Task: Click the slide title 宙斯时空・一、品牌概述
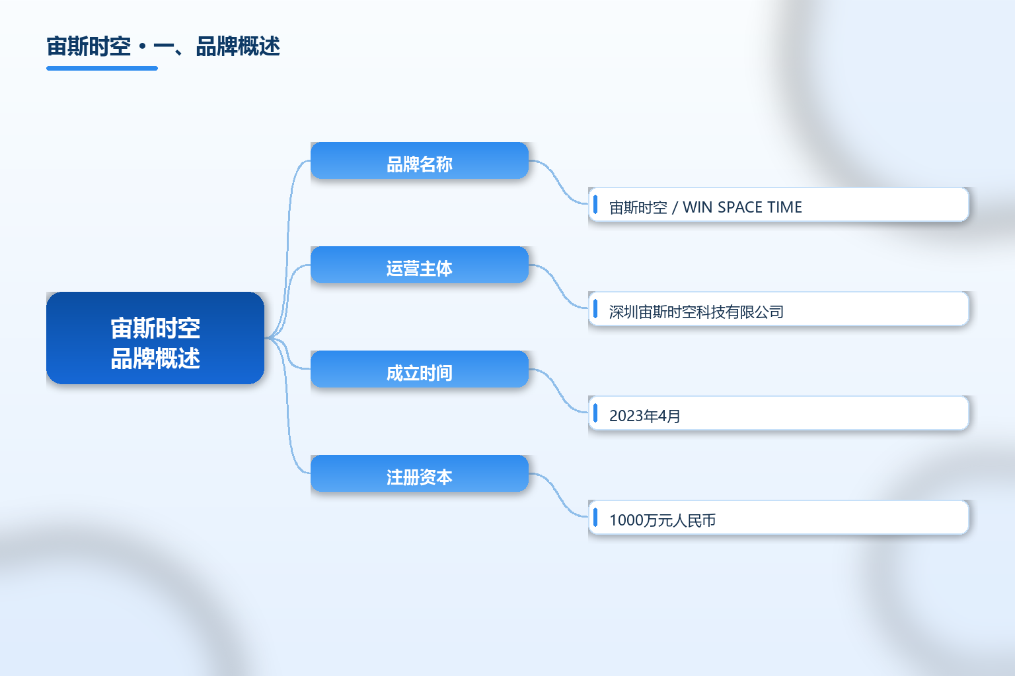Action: click(163, 47)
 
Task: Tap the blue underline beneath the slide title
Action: click(102, 69)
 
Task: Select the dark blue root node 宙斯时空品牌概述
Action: click(155, 338)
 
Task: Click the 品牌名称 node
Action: click(419, 160)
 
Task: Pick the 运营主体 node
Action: click(419, 265)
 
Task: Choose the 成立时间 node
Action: click(419, 369)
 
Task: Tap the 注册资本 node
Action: click(419, 473)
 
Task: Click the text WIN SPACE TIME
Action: click(742, 207)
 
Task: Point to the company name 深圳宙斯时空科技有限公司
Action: click(696, 312)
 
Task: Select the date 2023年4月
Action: click(644, 416)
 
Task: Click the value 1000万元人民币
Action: click(663, 520)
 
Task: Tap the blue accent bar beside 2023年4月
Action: click(595, 413)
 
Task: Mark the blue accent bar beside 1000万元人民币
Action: click(595, 517)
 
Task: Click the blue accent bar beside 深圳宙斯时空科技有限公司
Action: click(595, 309)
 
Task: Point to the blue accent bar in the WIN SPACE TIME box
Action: click(595, 204)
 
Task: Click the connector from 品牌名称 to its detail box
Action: click(558, 182)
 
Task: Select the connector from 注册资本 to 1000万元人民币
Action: click(558, 495)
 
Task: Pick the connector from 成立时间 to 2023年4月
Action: click(558, 391)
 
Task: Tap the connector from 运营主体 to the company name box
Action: click(558, 287)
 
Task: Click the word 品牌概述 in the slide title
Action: click(238, 47)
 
